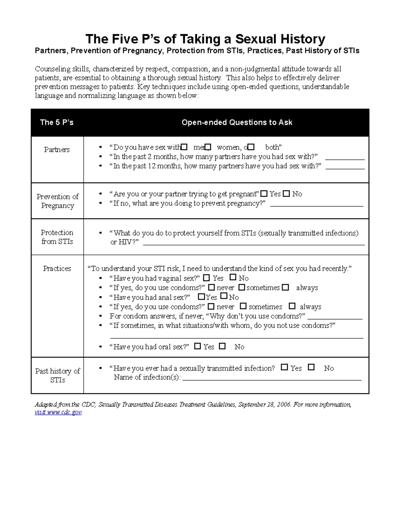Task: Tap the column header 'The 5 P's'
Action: tap(56, 123)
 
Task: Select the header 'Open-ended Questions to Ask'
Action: tap(237, 123)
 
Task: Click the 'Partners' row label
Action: tap(57, 150)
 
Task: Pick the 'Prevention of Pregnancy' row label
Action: tap(57, 201)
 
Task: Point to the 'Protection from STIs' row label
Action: tap(57, 237)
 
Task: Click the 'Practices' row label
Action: tap(57, 269)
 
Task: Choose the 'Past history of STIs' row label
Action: tap(57, 376)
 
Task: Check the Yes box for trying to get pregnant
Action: tap(264, 194)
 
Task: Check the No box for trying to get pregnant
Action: tap(286, 194)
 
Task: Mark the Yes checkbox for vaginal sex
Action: tap(207, 278)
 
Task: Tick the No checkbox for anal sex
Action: tap(224, 296)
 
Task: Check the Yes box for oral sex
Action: tap(197, 346)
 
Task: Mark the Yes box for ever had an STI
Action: tap(284, 367)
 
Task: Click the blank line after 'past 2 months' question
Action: tap(345, 159)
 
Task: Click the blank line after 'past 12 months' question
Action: tap(345, 168)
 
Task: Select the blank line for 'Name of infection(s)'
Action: tap(272, 379)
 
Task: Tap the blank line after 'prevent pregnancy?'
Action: tap(316, 205)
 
